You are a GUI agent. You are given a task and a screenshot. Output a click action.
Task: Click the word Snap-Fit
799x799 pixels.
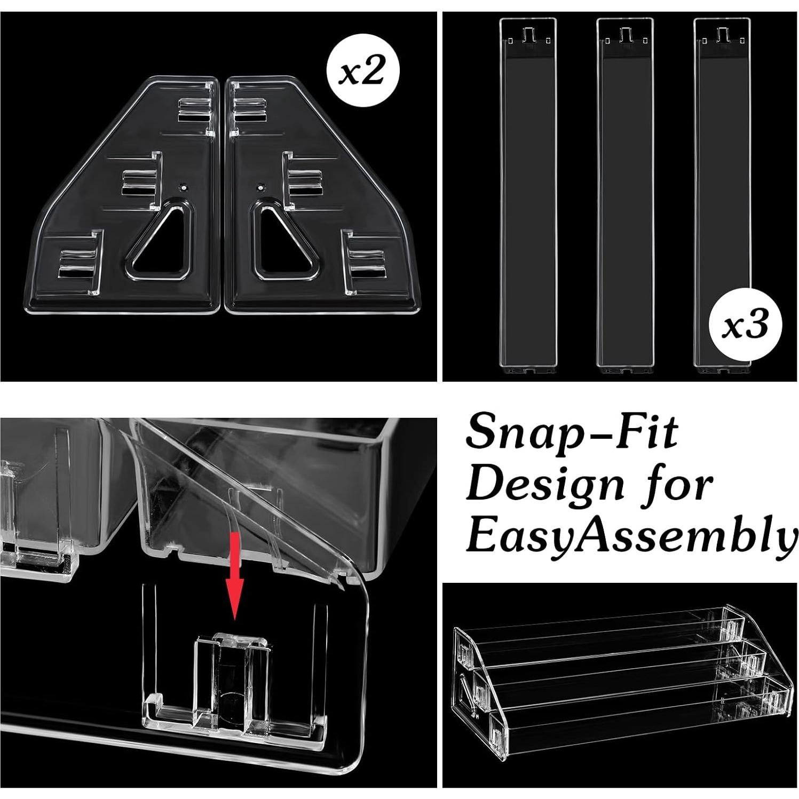click(x=572, y=432)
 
